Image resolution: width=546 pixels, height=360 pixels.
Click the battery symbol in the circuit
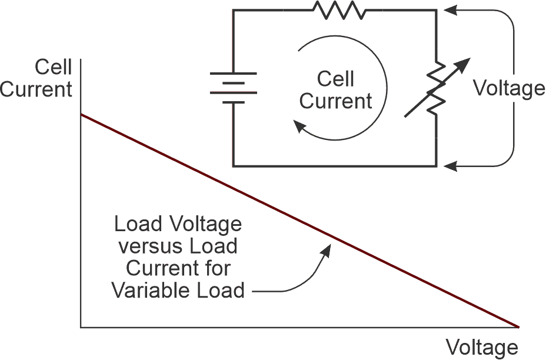click(233, 88)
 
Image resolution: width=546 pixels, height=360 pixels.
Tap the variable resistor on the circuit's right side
click(436, 88)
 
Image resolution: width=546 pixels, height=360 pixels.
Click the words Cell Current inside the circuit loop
click(336, 90)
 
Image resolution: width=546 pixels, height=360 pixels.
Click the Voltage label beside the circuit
click(509, 88)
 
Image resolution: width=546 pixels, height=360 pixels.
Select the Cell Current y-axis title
click(36, 78)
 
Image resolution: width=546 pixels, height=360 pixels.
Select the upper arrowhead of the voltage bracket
click(448, 10)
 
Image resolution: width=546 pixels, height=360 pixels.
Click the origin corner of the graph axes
click(81, 326)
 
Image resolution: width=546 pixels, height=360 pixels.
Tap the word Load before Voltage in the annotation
click(135, 224)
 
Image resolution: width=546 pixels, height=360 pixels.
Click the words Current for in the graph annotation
click(178, 268)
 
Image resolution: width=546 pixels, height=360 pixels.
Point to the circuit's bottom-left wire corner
click(233, 166)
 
